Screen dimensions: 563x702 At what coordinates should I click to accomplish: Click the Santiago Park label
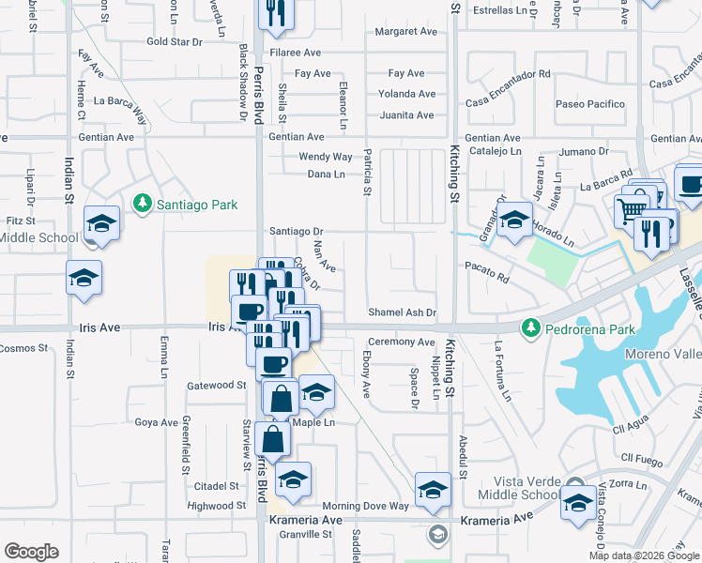coord(197,204)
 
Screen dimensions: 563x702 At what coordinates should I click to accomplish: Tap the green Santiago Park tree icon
coord(142,203)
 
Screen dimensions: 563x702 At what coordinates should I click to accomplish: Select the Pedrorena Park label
coord(589,329)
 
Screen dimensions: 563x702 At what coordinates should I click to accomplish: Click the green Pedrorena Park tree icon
coord(531,327)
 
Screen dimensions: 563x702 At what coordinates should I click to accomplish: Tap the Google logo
coord(32,551)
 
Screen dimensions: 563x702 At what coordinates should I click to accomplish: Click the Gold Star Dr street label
coord(175,41)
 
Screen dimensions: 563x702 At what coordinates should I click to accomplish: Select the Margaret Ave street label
coord(405,31)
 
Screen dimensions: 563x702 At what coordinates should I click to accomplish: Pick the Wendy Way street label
coord(325,157)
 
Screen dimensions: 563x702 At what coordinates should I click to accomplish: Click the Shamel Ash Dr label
coord(403,312)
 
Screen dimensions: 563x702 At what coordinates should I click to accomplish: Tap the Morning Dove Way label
coord(366,506)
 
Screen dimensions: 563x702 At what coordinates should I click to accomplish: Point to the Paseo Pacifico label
coord(590,103)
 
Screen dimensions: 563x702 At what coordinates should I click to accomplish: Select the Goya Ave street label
coord(156,422)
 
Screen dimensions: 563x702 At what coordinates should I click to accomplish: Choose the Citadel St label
coord(216,486)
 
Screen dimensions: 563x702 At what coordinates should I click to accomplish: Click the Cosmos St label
coord(23,348)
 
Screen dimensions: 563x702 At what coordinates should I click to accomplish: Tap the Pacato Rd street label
coord(487,278)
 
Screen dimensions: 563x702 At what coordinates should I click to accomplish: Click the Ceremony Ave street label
coord(401,342)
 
